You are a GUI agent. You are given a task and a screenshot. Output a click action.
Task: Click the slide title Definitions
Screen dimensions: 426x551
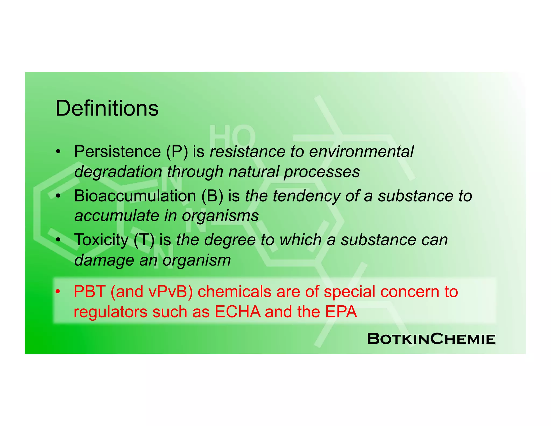[x=107, y=108]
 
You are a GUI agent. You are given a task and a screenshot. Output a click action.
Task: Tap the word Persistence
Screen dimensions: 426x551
[x=117, y=152]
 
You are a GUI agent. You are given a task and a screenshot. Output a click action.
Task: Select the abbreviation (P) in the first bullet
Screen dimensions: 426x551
[x=177, y=152]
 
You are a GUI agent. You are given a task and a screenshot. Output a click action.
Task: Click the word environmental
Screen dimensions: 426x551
[x=361, y=152]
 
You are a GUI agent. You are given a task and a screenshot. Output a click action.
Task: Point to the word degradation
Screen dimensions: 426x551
[x=118, y=172]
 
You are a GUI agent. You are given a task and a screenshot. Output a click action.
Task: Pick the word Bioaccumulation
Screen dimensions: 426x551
[x=135, y=196]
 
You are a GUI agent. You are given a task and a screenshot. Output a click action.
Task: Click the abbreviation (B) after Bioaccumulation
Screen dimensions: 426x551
[x=212, y=196]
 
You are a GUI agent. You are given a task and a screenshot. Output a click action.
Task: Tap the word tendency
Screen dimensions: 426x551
[x=307, y=196]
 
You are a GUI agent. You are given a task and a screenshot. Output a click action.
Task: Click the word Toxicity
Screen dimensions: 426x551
[x=101, y=240]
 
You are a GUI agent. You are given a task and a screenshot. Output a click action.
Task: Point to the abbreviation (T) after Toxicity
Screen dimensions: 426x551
[x=144, y=240]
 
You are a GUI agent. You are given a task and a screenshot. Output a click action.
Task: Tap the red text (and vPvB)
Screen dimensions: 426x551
[x=152, y=292]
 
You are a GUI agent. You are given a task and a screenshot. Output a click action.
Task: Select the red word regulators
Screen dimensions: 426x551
[x=110, y=312]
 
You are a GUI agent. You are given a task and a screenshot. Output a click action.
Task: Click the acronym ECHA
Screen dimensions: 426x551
[x=238, y=312]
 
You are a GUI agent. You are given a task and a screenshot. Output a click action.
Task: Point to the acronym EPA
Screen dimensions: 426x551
[x=341, y=312]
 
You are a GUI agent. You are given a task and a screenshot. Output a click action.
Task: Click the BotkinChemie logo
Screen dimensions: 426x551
[x=431, y=339]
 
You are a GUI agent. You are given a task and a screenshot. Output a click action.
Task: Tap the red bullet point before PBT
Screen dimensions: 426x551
[x=58, y=292]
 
